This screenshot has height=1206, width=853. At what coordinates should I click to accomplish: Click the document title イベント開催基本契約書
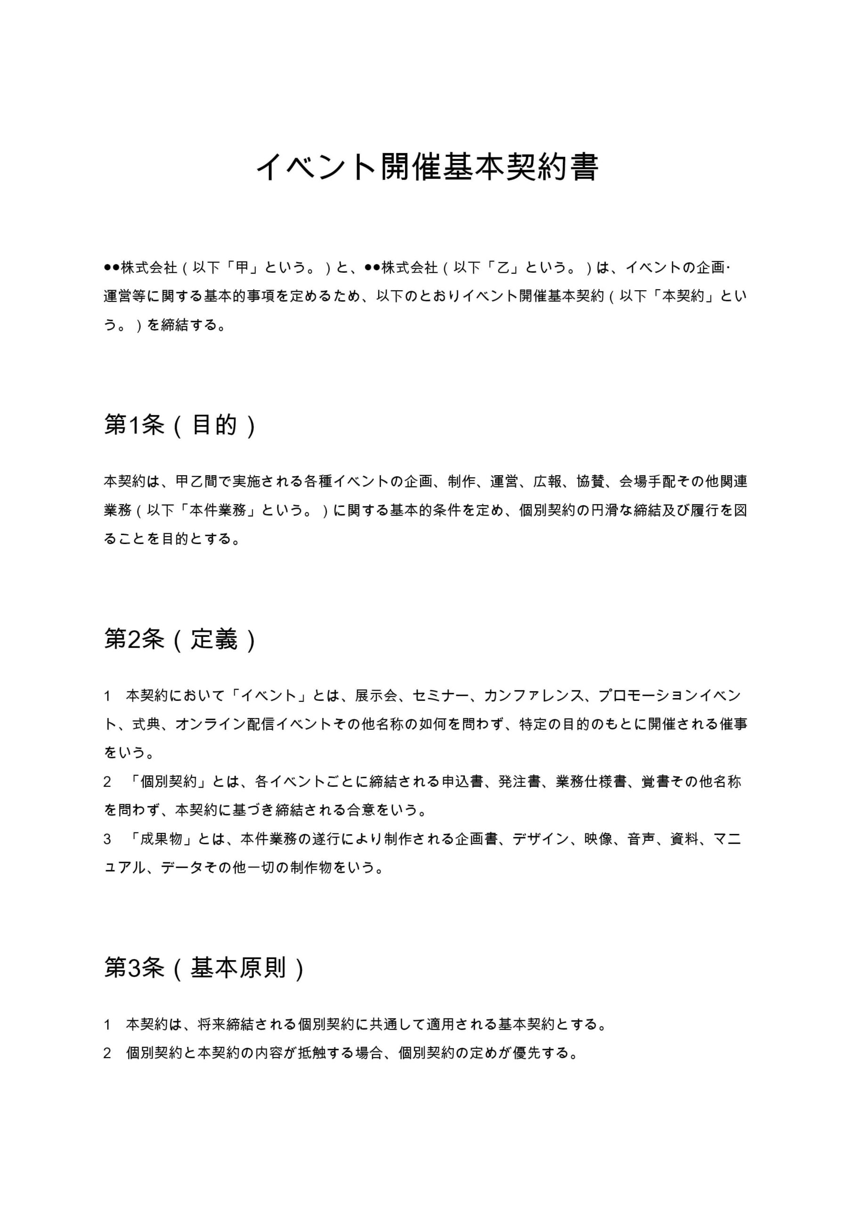(427, 168)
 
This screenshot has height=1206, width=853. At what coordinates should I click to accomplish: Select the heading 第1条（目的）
(179, 425)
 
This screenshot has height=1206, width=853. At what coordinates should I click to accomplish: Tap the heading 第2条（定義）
(179, 640)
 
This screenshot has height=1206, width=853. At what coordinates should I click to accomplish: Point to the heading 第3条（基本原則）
(204, 968)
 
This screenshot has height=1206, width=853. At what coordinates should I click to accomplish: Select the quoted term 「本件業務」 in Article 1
(218, 510)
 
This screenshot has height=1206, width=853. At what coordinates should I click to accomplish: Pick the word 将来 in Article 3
(211, 1024)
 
